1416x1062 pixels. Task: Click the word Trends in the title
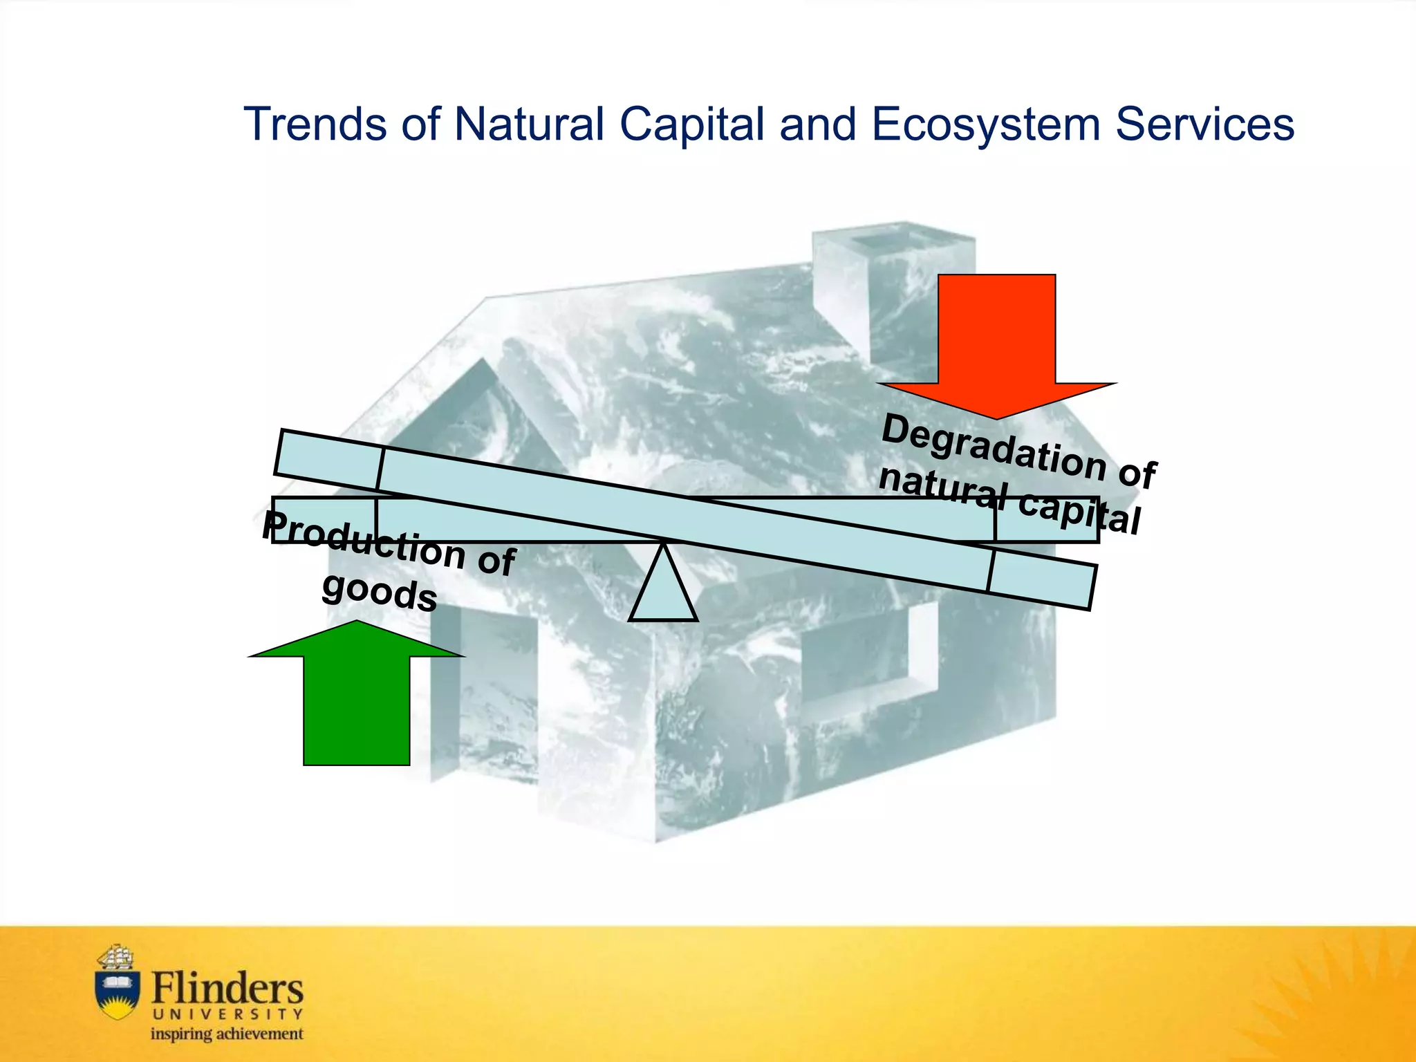315,125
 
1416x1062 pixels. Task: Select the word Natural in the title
529,125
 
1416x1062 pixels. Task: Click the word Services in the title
1204,125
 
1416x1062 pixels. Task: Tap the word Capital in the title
692,125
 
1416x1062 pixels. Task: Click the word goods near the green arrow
380,593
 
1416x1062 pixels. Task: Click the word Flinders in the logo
227,989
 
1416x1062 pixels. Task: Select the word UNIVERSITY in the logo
227,1014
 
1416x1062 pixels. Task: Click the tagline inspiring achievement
227,1034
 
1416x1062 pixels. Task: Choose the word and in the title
818,125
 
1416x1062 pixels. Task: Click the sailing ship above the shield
116,957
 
